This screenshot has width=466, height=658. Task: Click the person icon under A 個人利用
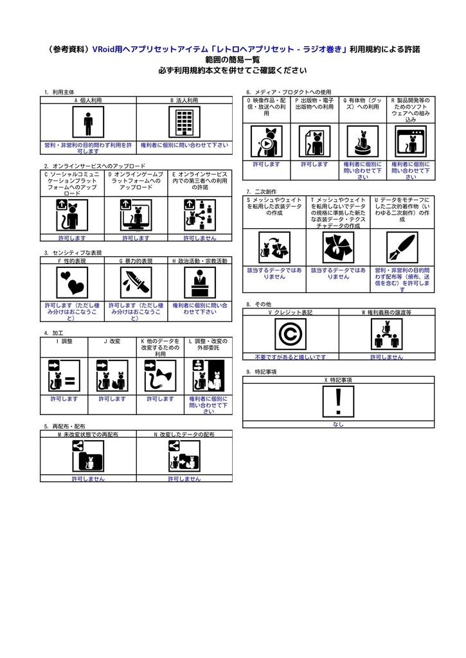coord(88,122)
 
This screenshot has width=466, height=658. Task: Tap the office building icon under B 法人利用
coord(184,122)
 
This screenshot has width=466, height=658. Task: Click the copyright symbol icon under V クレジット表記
coord(290,335)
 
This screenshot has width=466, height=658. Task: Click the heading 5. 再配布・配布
coord(65,426)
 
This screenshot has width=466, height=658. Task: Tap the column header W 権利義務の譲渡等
coord(386,312)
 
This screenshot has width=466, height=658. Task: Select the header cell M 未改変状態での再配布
coord(88,434)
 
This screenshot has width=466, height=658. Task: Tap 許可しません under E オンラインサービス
coord(200,238)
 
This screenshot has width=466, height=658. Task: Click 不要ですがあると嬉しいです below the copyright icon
coord(290,357)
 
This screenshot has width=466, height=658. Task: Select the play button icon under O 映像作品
coord(265,143)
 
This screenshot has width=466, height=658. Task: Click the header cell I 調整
coord(64,341)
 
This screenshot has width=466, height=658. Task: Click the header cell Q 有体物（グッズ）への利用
coord(362,104)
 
